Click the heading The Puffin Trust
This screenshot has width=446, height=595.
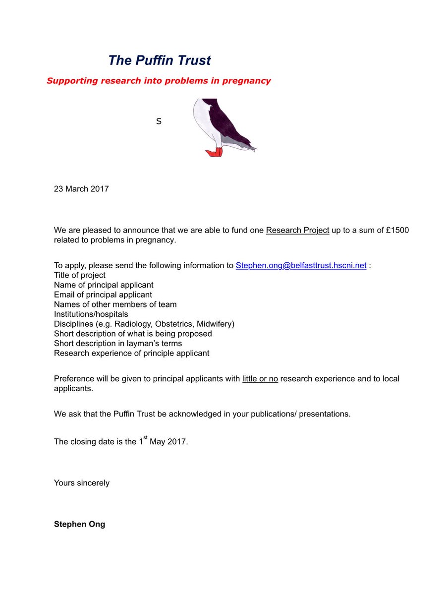click(x=159, y=60)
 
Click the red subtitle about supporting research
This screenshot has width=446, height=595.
click(x=159, y=80)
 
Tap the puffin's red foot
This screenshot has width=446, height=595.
click(x=214, y=153)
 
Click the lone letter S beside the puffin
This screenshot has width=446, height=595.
click(x=159, y=121)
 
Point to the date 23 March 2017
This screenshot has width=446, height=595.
click(x=81, y=189)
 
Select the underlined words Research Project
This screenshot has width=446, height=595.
click(x=297, y=231)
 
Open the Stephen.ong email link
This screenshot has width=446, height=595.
click(x=301, y=265)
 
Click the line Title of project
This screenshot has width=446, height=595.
click(x=79, y=275)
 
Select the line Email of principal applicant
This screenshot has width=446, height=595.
click(x=103, y=295)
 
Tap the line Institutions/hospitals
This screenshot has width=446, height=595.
click(x=91, y=314)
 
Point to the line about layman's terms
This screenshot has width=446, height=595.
click(x=118, y=344)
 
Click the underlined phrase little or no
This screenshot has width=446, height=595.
click(x=260, y=379)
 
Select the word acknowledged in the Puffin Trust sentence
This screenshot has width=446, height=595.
click(x=193, y=414)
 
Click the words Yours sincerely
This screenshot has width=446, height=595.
click(x=82, y=483)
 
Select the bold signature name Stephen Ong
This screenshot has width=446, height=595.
click(x=79, y=524)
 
